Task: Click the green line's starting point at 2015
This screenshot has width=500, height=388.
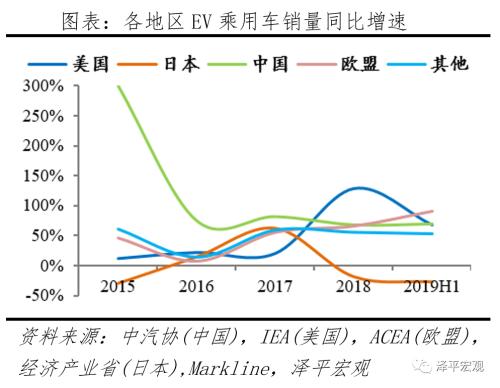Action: (119, 86)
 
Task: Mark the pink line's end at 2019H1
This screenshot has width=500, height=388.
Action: (432, 211)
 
